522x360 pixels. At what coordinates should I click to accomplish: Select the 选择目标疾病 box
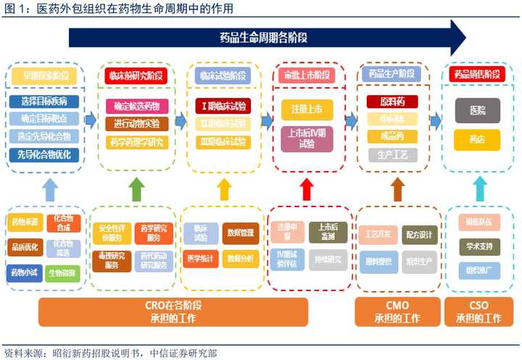(45, 100)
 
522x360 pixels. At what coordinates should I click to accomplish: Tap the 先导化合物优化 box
(45, 153)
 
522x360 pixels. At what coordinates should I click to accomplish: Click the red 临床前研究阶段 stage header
(136, 75)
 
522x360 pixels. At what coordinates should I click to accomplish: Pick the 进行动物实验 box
(136, 123)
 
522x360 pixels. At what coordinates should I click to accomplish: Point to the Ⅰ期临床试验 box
(223, 106)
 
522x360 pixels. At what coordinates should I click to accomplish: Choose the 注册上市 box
(307, 110)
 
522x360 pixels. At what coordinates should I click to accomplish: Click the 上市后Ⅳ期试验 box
(307, 138)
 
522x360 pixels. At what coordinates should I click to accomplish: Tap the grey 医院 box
(478, 110)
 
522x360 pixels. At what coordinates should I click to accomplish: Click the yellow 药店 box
(478, 139)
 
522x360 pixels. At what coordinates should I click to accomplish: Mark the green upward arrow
(136, 188)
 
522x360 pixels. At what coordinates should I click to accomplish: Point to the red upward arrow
(306, 188)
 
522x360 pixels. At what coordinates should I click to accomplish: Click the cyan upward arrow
(478, 188)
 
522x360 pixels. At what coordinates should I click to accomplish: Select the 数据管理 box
(241, 233)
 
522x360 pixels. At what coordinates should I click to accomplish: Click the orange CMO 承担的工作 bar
(397, 312)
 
